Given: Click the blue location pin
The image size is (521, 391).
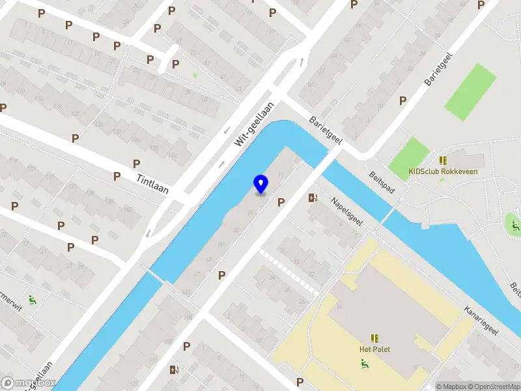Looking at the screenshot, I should click(260, 184).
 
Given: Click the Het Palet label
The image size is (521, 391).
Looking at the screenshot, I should click(374, 349).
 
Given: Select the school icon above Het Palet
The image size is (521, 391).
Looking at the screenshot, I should click(374, 338).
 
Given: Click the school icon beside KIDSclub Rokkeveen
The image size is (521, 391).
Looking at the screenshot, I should click(443, 160).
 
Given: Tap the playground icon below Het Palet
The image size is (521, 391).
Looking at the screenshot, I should click(364, 363).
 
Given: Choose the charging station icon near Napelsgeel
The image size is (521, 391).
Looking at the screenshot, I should click(313, 197).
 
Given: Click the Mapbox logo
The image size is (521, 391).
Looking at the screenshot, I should click(29, 383).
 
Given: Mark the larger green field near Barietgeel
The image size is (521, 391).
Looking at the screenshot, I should click(471, 91).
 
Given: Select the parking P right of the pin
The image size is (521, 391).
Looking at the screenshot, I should click(281, 202).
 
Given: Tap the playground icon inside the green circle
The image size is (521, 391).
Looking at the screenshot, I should click(515, 226).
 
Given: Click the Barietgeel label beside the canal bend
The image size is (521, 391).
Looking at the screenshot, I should click(326, 131).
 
